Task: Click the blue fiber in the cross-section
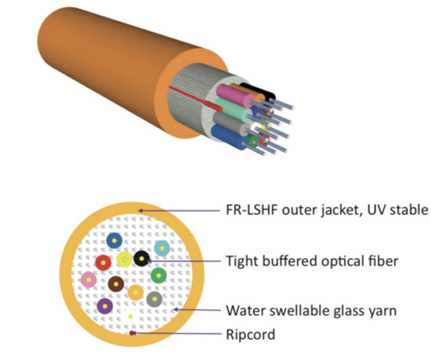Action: tap(114, 240)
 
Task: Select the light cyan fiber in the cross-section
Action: tap(162, 249)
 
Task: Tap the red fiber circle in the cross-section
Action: tap(103, 263)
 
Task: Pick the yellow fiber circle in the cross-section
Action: tap(125, 260)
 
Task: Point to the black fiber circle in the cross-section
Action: tap(142, 259)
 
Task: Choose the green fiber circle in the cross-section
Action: tap(158, 275)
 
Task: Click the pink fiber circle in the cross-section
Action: tap(89, 280)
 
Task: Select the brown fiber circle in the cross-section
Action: tap(116, 284)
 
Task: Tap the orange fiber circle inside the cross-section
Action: tap(136, 293)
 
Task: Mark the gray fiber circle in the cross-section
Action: tap(154, 300)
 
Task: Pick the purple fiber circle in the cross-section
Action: tap(105, 306)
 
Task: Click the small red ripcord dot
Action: tap(132, 333)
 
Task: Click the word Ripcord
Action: tap(251, 335)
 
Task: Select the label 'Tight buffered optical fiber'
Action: tap(312, 261)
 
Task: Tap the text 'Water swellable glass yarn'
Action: tap(311, 311)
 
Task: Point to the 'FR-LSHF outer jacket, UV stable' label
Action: tap(327, 210)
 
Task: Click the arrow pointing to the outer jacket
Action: tap(179, 211)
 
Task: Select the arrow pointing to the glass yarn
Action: tap(197, 310)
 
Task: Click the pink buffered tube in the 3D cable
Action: tap(236, 96)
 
